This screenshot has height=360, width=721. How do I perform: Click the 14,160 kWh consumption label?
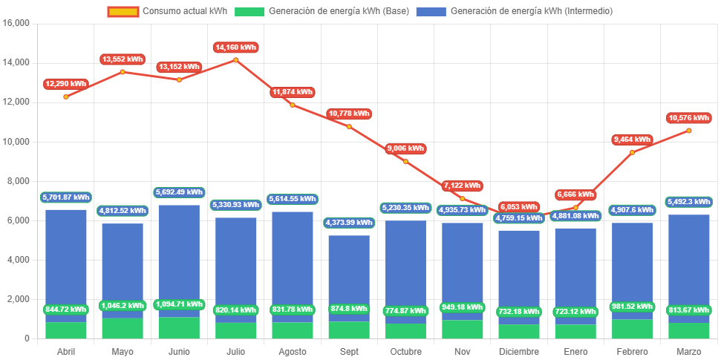tap(236, 48)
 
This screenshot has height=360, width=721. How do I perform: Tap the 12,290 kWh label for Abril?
tap(65, 84)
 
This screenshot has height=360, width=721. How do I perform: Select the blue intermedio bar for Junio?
tap(179, 252)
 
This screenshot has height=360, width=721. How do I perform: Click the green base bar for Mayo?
tap(123, 329)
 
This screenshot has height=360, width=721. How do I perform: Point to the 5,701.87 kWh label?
tap(65, 197)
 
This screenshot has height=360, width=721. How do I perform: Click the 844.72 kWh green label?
tap(65, 310)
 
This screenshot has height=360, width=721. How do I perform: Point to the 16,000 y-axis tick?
tap(16, 23)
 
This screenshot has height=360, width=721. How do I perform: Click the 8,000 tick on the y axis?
tap(19, 181)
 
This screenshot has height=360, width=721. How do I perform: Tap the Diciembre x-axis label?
tap(519, 351)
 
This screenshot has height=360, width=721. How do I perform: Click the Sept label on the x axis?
tap(349, 351)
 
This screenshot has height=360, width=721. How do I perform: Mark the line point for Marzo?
tap(689, 131)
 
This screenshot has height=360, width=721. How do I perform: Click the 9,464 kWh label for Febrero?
tap(632, 140)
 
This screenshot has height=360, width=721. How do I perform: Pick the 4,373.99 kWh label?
tap(349, 223)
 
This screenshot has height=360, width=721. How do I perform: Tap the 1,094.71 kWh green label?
tap(179, 304)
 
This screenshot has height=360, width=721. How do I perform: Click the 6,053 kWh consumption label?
tap(519, 207)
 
